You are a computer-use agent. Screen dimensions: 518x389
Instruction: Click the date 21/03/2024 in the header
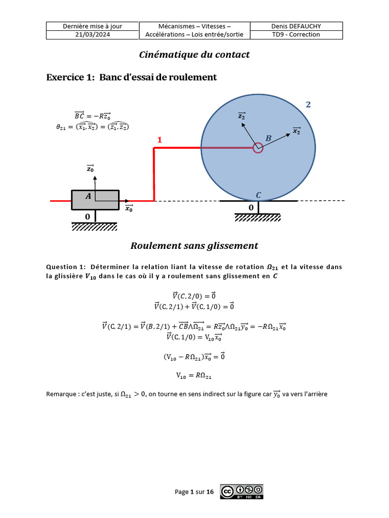(x=92, y=34)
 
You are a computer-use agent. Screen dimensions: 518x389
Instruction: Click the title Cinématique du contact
(x=194, y=55)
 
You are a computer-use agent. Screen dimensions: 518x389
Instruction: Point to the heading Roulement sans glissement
(x=194, y=246)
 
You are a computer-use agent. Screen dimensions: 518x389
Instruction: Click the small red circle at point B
(x=258, y=148)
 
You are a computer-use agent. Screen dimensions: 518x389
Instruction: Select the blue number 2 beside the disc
(x=308, y=105)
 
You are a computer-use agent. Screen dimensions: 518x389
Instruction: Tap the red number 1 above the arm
(x=160, y=140)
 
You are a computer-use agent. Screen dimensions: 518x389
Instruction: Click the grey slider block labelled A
(x=95, y=200)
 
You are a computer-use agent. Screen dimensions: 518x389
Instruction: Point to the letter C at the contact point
(x=258, y=195)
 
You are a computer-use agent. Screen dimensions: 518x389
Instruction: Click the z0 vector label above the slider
(x=90, y=169)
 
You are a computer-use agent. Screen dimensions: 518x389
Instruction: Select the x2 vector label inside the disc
(x=296, y=131)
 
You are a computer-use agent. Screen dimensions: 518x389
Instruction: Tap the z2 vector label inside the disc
(x=242, y=116)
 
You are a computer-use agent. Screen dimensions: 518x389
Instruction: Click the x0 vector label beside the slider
(x=129, y=207)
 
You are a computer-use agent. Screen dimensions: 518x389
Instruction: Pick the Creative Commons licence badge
(x=242, y=492)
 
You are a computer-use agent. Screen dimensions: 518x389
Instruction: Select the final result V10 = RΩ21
(x=194, y=375)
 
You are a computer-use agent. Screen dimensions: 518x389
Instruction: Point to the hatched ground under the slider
(x=95, y=226)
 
